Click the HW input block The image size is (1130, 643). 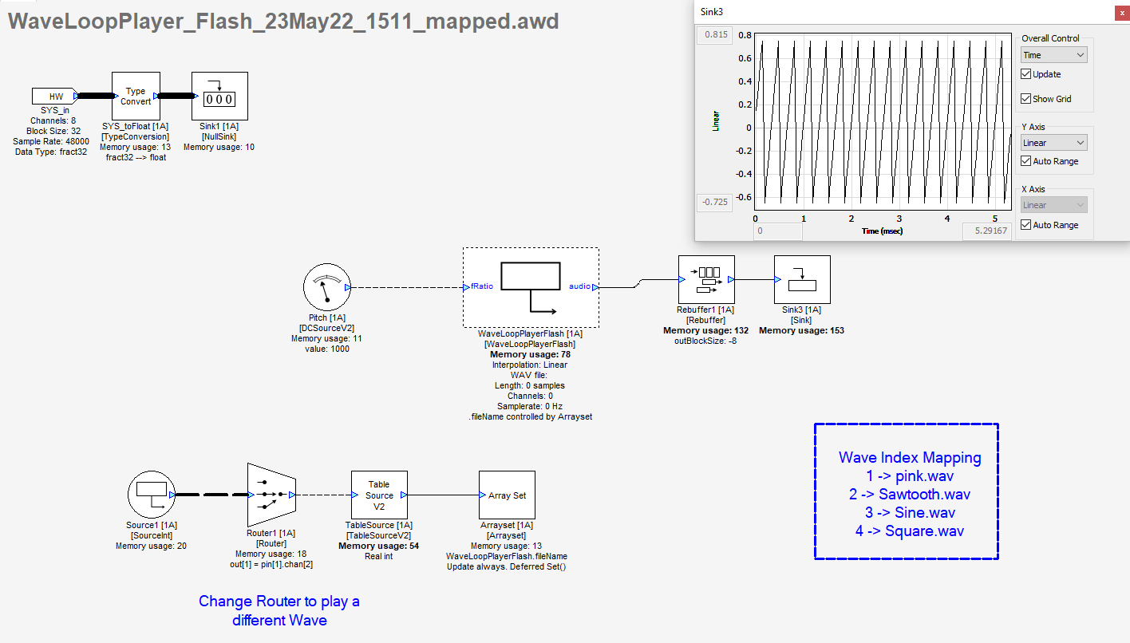coord(54,97)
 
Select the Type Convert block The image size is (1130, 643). coord(136,97)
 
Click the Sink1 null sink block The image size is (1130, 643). coord(219,97)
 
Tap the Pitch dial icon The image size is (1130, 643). coord(327,288)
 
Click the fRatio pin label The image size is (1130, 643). coord(481,286)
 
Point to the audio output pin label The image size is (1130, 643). coord(579,286)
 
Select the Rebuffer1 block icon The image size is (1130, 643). coord(706,280)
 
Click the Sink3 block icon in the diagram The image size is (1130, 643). coord(802,280)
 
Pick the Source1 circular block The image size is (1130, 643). coord(151,494)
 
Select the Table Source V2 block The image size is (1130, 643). coord(379,495)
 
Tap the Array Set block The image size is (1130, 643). coord(507,495)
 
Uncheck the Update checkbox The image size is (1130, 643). coord(1026,74)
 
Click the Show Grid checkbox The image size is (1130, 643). coord(1026,99)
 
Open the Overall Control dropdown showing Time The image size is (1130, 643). coord(1053,55)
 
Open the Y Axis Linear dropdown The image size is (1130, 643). coord(1053,143)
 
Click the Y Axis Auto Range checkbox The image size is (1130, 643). coord(1026,161)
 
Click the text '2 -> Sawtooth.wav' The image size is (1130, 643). coord(910,495)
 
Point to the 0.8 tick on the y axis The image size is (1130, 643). coord(745,35)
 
